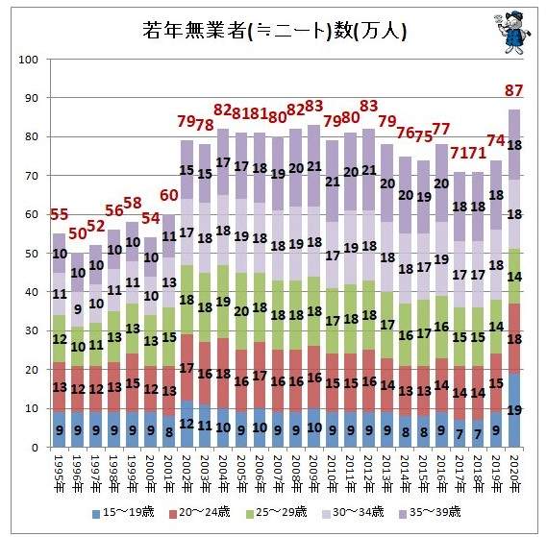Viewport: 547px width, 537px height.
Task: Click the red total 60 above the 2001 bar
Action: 169,196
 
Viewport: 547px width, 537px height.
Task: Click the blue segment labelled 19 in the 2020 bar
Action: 513,410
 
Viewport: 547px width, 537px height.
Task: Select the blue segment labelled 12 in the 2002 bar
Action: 187,424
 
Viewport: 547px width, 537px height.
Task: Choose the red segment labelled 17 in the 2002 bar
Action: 187,368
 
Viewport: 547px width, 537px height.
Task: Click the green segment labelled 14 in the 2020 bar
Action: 513,276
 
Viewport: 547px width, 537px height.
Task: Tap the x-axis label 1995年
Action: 59,473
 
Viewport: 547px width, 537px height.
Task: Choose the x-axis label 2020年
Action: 513,473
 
